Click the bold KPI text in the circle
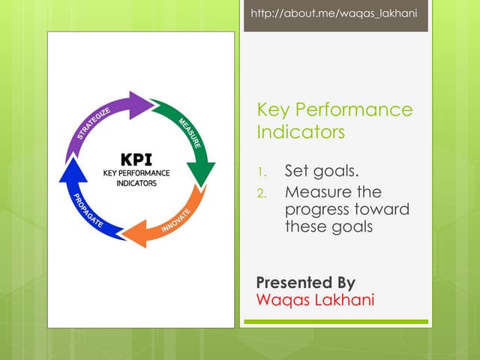pos(136,160)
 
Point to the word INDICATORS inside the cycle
pos(136,183)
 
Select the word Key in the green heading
pos(272,110)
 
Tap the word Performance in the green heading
pos(352,110)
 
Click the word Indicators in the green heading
pos(301,132)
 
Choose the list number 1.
pos(262,172)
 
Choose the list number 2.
pos(262,193)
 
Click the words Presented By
pos(305,283)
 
